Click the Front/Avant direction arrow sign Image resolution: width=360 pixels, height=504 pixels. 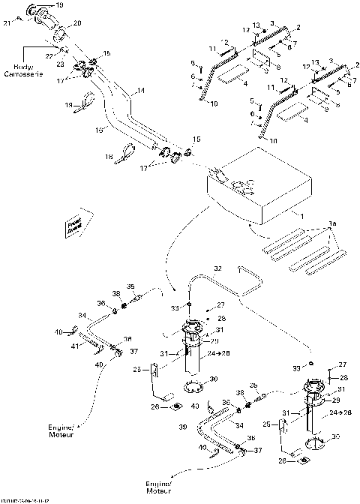76,225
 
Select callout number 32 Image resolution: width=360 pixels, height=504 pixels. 218,268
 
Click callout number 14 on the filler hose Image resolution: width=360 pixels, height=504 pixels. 138,91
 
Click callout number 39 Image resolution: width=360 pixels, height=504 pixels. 180,427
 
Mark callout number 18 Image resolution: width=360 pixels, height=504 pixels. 108,157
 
